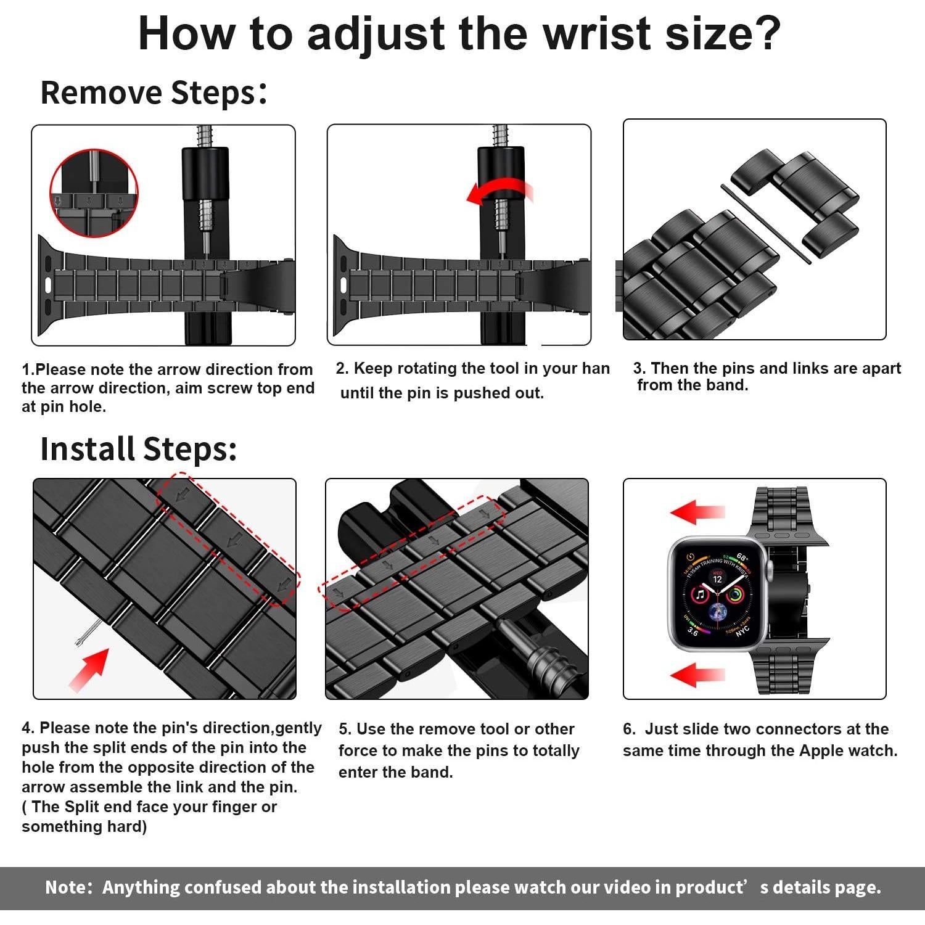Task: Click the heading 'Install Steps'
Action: pyautogui.click(x=138, y=449)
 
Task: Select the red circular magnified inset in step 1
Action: pyautogui.click(x=94, y=192)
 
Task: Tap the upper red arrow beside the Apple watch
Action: pyautogui.click(x=697, y=512)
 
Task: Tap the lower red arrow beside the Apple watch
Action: pyautogui.click(x=697, y=675)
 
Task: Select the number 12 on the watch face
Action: pyautogui.click(x=717, y=579)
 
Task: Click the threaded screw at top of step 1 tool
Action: pyautogui.click(x=205, y=136)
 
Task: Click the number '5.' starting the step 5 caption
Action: pyautogui.click(x=345, y=730)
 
